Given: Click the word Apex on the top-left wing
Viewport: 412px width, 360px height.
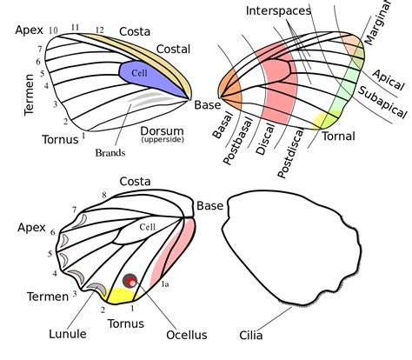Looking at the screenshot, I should click(30, 30).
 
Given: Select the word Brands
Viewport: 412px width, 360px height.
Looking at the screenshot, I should click(111, 152).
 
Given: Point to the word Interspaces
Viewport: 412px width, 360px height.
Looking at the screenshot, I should click(279, 10).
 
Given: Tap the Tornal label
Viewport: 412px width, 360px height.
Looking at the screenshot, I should click(338, 137).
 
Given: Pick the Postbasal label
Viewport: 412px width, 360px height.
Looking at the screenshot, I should click(242, 143).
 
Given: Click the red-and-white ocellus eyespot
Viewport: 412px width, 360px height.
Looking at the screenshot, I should click(131, 281).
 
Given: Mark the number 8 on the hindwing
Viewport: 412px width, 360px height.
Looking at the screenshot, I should click(103, 194).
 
